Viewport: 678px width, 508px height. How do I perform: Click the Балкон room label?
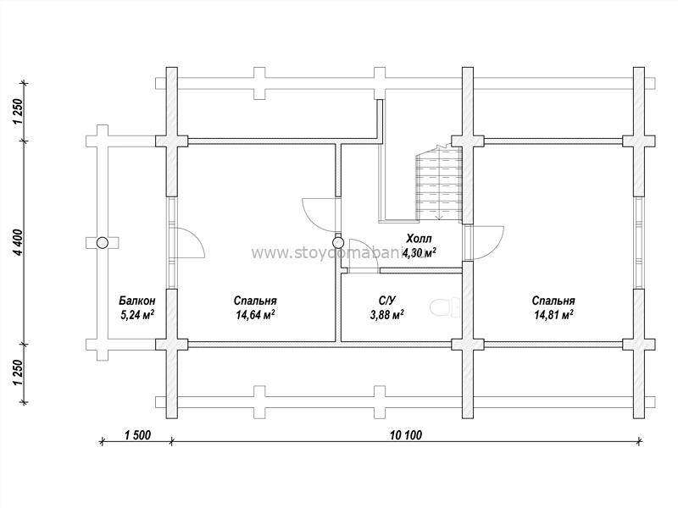point(137,301)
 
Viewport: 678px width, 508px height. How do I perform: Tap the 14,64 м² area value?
point(255,315)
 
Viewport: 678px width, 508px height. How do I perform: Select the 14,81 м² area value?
point(553,315)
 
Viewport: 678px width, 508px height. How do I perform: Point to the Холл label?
point(419,239)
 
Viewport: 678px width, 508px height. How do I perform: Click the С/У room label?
point(387,301)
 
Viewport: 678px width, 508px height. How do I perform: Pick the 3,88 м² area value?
point(387,315)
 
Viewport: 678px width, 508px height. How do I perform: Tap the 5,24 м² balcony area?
point(137,315)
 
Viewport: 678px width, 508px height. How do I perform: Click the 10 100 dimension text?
point(406,435)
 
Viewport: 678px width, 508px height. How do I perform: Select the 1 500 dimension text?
point(137,435)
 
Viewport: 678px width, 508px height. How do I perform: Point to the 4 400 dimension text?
point(18,242)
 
